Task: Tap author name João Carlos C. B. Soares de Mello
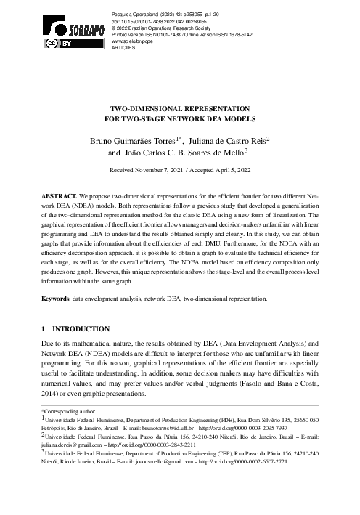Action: pyautogui.click(x=187, y=153)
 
